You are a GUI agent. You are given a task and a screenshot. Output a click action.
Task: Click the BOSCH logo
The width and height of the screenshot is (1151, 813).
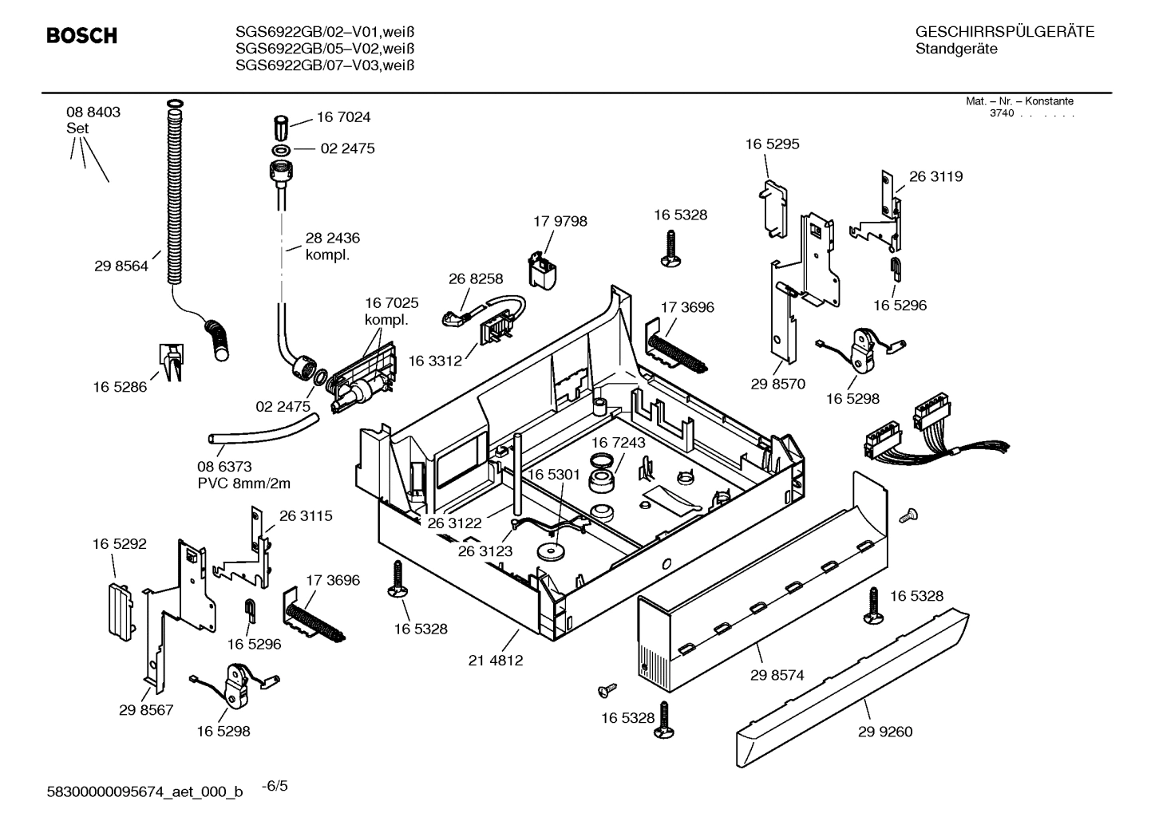[x=81, y=36]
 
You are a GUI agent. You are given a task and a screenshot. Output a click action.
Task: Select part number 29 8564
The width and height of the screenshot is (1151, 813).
[x=121, y=266]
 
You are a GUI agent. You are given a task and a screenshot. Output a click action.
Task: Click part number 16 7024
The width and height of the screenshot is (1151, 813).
[x=343, y=117]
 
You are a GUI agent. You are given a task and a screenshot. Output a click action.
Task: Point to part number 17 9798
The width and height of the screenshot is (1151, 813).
[x=560, y=221]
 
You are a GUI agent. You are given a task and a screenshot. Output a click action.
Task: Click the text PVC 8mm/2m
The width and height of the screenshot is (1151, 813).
[x=243, y=483]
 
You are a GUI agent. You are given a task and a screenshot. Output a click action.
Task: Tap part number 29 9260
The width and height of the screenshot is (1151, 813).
[x=885, y=732]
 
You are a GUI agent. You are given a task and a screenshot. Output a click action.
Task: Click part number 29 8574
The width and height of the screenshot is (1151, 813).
[x=777, y=675]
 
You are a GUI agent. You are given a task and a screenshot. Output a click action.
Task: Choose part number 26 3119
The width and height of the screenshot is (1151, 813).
[x=935, y=176]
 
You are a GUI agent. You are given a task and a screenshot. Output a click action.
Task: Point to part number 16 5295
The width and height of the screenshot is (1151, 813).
[x=772, y=144]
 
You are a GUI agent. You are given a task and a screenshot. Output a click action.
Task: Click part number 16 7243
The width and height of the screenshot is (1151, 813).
[x=618, y=442]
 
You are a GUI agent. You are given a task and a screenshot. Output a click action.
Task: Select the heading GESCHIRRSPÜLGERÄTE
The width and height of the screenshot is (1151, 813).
[x=1005, y=33]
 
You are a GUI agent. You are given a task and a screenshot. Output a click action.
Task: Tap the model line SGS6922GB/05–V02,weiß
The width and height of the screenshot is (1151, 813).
[x=325, y=49]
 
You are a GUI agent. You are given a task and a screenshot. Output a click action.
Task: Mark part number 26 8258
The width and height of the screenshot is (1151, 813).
[x=476, y=278]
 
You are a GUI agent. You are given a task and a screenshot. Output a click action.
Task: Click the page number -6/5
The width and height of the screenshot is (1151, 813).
[x=275, y=786]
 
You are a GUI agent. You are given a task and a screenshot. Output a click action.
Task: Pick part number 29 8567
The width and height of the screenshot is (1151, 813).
[x=146, y=710]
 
